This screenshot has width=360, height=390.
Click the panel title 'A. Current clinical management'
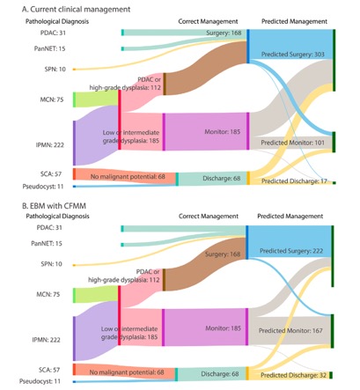tap(76, 10)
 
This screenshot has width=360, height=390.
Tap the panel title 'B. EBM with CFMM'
tap(54, 206)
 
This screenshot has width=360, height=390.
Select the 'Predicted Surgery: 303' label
tap(293, 55)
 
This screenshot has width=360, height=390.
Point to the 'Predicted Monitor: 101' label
tap(293, 143)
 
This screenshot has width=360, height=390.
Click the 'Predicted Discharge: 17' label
tap(294, 181)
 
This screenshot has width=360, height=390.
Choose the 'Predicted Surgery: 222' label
tap(291, 251)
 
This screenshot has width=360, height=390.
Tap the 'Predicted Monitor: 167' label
tap(290, 331)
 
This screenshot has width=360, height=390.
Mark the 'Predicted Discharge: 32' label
tap(293, 375)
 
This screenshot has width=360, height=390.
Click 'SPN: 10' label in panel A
tap(55, 70)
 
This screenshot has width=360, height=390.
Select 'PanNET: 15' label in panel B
tap(47, 244)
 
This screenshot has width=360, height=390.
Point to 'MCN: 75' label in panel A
tap(52, 99)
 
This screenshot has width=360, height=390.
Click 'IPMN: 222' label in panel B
tap(47, 340)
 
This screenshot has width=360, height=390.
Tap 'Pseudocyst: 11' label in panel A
tap(43, 187)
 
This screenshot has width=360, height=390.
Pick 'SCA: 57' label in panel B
tap(49, 370)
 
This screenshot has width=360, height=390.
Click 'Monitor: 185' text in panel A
tap(223, 132)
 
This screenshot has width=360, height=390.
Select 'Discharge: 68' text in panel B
tap(221, 374)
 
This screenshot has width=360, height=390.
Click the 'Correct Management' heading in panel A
tap(208, 21)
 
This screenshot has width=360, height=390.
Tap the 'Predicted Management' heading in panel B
tap(290, 217)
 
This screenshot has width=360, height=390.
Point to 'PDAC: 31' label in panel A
tap(53, 33)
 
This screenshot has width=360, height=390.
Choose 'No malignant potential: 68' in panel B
tap(127, 372)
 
